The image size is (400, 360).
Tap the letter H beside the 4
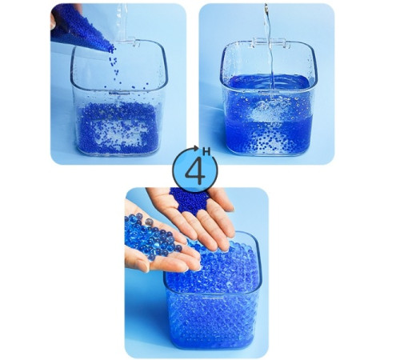(x=206, y=152)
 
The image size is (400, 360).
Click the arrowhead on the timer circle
(x=197, y=148)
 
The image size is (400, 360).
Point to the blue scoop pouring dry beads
(x=80, y=28)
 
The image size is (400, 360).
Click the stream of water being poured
(x=269, y=46)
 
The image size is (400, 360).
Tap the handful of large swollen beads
(x=153, y=235)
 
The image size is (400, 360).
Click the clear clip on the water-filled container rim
(x=269, y=43)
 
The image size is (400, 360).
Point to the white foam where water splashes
(x=268, y=111)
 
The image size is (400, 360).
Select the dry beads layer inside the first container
(x=118, y=128)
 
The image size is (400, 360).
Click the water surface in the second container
(x=268, y=82)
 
